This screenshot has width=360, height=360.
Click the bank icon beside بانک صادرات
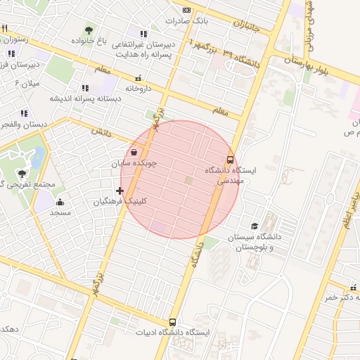[x=186, y=10]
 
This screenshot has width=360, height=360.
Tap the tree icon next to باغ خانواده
[x=89, y=30]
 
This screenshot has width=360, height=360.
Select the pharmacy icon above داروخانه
[x=138, y=78]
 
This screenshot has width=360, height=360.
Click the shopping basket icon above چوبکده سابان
[x=134, y=152]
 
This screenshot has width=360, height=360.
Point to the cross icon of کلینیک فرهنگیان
[x=120, y=191]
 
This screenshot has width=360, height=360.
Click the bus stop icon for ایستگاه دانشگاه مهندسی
[x=231, y=160]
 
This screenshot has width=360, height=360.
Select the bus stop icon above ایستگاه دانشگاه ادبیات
[x=173, y=322]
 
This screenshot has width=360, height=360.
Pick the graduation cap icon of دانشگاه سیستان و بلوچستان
[x=254, y=226]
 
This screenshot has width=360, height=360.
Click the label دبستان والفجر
[x=22, y=124]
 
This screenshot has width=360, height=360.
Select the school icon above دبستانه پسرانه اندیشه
[x=85, y=89]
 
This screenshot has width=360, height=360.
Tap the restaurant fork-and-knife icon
[x=5, y=29]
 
